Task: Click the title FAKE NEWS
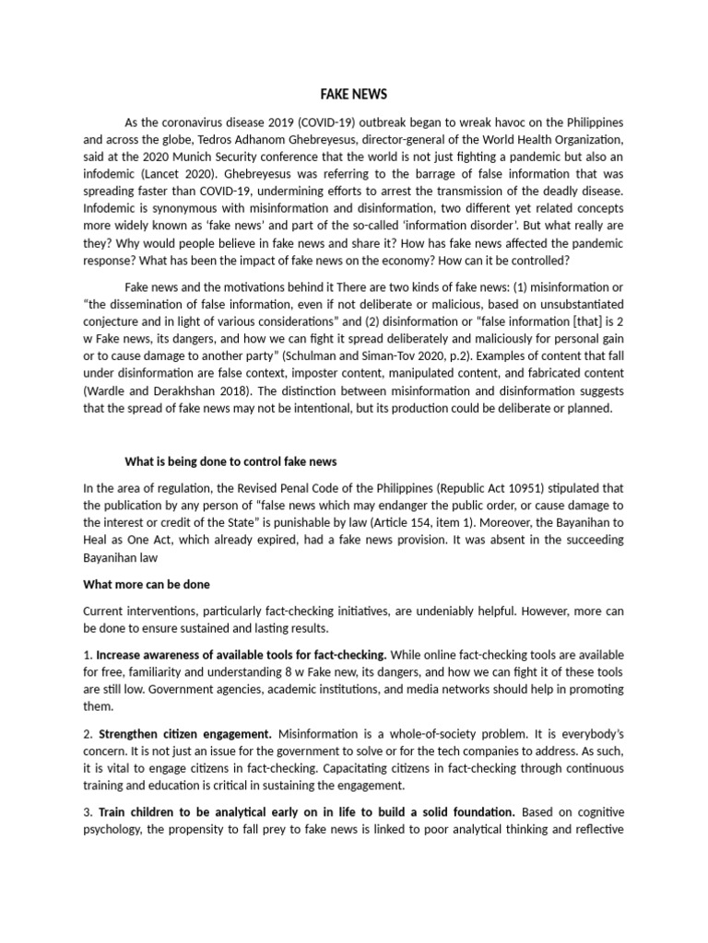tap(354, 94)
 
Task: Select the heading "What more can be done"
tap(147, 584)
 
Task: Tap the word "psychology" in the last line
tap(115, 830)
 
